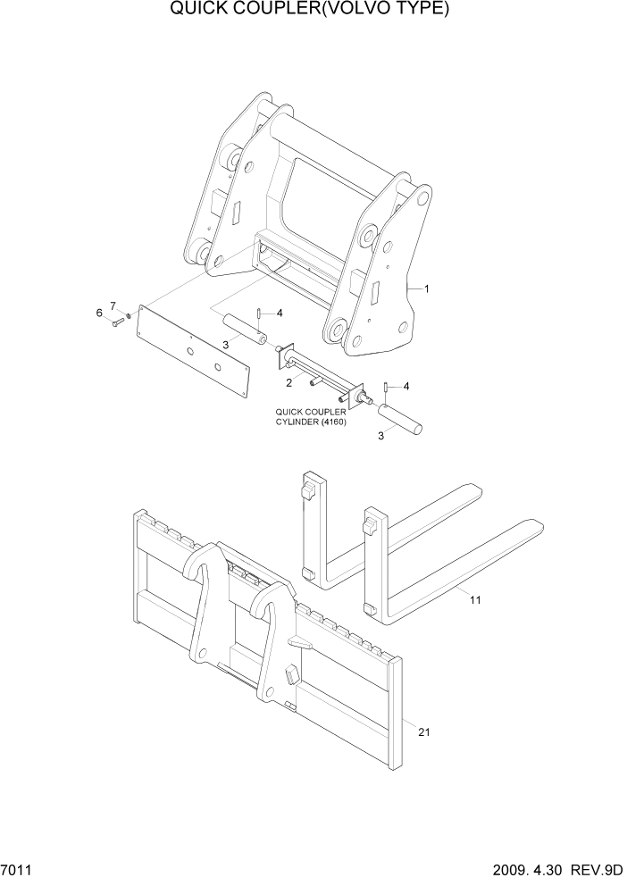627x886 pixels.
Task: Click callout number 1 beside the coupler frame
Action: (427, 288)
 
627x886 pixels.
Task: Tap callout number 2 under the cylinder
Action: (288, 383)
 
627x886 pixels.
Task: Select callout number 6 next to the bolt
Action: (99, 312)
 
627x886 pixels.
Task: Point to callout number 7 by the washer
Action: (113, 306)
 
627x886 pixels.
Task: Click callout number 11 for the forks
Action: (474, 600)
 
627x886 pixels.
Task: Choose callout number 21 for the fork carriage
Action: (424, 732)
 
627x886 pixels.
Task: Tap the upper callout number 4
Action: (280, 313)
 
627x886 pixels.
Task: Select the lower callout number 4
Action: (406, 387)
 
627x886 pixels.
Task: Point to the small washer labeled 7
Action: (130, 314)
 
